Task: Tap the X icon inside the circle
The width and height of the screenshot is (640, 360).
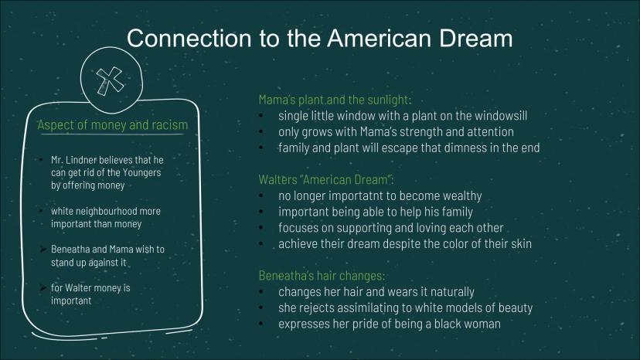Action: click(x=110, y=80)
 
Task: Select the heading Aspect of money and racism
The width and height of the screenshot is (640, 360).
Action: click(x=113, y=125)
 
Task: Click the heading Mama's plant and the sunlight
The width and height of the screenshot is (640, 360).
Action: click(x=335, y=100)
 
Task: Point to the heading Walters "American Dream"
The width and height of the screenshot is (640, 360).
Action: click(x=325, y=179)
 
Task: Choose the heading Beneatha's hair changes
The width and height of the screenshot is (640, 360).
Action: click(x=322, y=276)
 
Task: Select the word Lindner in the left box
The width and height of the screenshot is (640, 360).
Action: click(x=81, y=160)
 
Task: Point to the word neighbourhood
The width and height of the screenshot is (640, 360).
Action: click(x=100, y=212)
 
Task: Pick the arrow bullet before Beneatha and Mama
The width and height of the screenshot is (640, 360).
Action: click(x=43, y=250)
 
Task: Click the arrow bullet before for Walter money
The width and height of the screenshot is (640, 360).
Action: click(x=43, y=288)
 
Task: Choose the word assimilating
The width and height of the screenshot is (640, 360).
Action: click(x=367, y=307)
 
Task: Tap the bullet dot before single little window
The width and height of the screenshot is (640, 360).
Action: click(x=261, y=116)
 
